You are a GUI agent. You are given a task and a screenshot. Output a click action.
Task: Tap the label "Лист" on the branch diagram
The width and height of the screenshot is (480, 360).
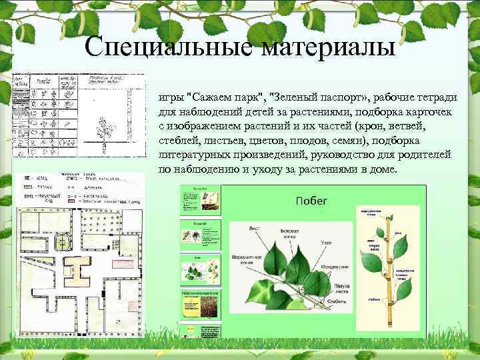click(254, 227)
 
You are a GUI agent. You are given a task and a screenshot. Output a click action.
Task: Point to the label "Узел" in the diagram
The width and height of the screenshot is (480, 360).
click(327, 243)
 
